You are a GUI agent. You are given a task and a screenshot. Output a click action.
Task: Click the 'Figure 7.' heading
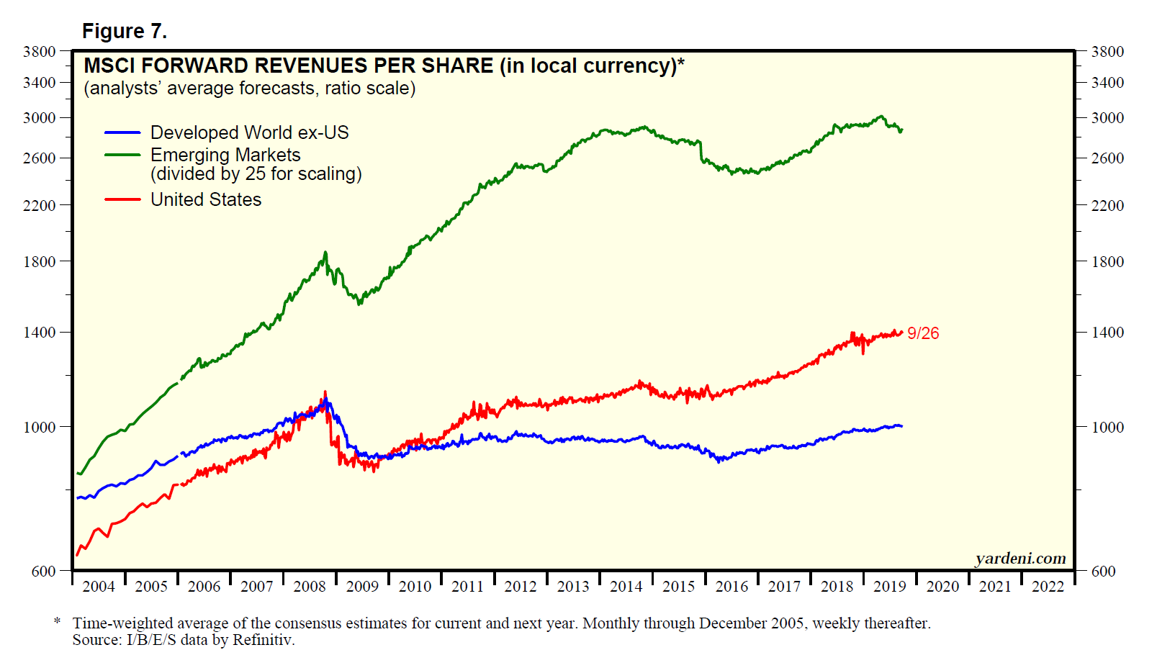(x=125, y=31)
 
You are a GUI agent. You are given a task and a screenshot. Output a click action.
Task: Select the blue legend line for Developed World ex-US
(x=122, y=133)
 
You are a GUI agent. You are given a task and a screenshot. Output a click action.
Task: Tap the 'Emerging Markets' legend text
(x=225, y=155)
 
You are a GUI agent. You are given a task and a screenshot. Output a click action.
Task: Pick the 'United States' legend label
(x=206, y=199)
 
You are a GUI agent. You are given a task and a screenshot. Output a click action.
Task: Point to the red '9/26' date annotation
(x=923, y=333)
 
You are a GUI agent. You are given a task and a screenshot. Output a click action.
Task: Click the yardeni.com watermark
(x=1020, y=559)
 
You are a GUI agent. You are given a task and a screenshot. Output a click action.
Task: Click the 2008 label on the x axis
(x=310, y=587)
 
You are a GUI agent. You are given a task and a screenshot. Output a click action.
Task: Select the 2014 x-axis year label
(x=626, y=587)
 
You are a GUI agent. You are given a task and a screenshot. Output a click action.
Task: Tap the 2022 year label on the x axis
(x=1048, y=587)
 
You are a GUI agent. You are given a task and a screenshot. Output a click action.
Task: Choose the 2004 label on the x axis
(x=99, y=587)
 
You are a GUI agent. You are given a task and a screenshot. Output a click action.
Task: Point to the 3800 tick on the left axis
(x=39, y=52)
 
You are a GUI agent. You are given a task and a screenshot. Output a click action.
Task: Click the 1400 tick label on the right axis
(x=1107, y=333)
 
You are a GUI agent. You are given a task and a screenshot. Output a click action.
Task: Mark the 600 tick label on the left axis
(x=43, y=571)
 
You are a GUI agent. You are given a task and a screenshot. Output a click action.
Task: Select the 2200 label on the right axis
(x=1107, y=206)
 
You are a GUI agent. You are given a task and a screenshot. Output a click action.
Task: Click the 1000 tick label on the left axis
(x=39, y=428)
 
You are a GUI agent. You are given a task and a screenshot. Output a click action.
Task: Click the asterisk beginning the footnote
(x=57, y=621)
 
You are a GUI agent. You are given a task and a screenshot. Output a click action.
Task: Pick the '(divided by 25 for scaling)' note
(x=256, y=174)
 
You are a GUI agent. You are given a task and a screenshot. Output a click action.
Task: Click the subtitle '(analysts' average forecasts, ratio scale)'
(x=250, y=89)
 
